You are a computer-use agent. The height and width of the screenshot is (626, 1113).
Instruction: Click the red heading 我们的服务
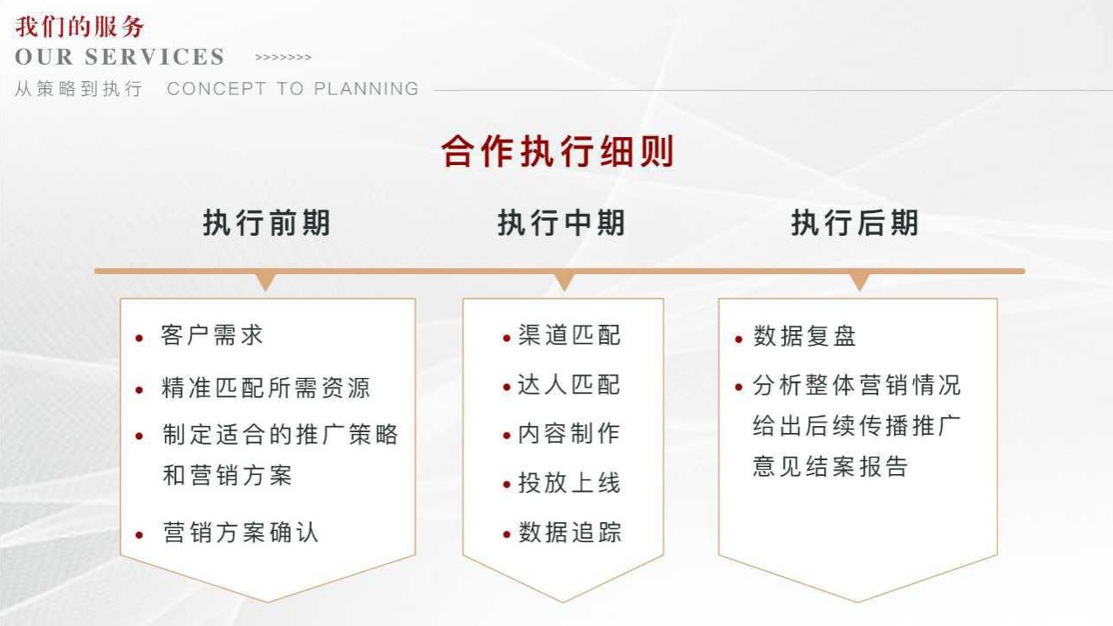79,27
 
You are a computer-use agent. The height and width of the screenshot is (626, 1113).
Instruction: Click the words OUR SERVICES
120,57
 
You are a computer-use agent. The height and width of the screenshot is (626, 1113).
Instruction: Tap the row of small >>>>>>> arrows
283,58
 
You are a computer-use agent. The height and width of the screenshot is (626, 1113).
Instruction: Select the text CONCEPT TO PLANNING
292,88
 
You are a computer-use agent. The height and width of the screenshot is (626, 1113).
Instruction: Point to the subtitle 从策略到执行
79,89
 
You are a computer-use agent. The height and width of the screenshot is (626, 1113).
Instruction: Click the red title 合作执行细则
558,151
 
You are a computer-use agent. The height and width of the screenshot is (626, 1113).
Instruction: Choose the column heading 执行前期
267,223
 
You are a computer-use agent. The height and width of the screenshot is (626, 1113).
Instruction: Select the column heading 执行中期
561,223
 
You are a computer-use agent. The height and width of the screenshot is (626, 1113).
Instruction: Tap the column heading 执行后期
855,223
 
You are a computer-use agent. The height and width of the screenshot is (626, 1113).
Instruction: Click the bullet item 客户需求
211,335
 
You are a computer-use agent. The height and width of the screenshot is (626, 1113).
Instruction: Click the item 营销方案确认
240,533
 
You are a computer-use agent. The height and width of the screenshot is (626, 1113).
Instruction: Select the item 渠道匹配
569,335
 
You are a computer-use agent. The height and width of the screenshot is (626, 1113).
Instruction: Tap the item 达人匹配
569,385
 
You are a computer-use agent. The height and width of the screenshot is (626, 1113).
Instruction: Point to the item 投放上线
569,483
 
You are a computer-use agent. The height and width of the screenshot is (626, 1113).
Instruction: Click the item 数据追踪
569,533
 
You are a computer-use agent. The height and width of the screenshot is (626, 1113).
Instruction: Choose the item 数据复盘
805,336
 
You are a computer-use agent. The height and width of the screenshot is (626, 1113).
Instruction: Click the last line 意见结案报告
830,466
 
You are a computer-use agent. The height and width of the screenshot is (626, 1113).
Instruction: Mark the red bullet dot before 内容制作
507,436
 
